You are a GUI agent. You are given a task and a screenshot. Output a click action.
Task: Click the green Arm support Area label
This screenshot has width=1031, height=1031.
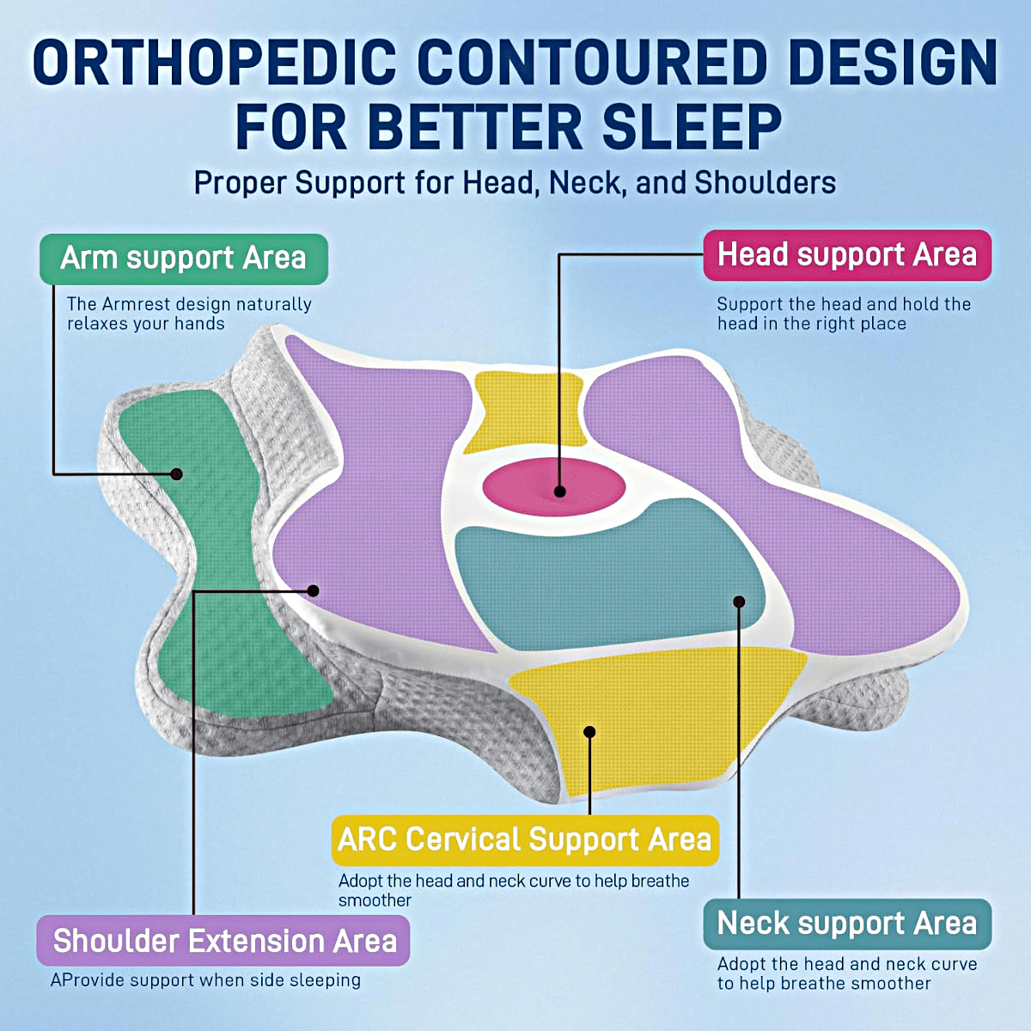coord(184,259)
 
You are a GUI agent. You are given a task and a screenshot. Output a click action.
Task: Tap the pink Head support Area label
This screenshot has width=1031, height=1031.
coord(847,254)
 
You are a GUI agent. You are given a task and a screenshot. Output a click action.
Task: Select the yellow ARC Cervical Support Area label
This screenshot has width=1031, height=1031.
coord(525,839)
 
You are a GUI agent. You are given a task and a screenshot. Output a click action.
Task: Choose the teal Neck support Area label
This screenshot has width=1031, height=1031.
coord(847,924)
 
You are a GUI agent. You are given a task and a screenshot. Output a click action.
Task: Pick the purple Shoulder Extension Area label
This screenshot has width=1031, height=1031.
coord(223,941)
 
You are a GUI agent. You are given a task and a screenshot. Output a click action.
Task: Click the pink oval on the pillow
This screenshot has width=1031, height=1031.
coord(554,487)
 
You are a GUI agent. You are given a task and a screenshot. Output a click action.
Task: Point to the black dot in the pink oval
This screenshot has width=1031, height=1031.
coord(559,491)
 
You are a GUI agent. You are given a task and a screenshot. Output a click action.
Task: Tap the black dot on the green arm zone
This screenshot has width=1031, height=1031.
coord(177,474)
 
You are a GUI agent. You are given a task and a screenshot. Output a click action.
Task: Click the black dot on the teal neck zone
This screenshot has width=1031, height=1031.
coord(739,602)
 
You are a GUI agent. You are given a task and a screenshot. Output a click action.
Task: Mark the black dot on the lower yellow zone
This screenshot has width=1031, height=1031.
coord(589,732)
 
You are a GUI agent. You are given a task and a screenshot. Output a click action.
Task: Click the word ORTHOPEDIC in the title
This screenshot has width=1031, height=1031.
coord(214,63)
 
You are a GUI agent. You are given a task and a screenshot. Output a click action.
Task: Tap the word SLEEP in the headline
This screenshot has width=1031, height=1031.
coord(692,128)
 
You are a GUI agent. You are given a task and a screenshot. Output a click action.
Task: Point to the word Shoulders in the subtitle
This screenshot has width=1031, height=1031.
coord(766,182)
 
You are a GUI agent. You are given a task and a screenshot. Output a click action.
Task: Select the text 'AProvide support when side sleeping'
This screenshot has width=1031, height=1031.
coord(205,980)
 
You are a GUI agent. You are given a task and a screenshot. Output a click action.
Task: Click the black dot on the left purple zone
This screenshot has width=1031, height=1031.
coord(313,590)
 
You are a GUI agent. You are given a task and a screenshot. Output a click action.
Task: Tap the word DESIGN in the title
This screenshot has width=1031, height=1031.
coord(892,63)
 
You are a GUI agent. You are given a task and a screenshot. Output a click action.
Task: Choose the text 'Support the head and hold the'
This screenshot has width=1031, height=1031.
coord(844,304)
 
